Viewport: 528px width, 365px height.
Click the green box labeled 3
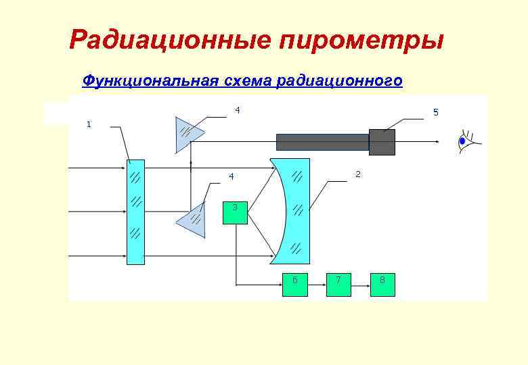(236, 212)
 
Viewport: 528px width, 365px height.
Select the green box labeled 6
(295, 285)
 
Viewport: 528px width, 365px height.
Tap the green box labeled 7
(338, 285)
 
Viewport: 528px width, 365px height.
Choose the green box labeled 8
(382, 285)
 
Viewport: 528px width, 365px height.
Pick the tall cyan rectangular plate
(135, 212)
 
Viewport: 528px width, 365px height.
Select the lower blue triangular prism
(192, 219)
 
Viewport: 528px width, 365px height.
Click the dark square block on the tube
(382, 142)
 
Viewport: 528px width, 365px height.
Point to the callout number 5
(436, 112)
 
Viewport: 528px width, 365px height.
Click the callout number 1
(89, 124)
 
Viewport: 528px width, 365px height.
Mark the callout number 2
(358, 174)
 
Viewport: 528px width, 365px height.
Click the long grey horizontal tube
(322, 142)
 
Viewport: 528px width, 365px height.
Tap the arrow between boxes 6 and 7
(316, 285)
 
